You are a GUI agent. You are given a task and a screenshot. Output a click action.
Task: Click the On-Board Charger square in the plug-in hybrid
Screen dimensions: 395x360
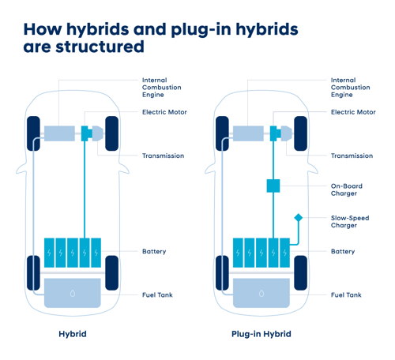pyautogui.click(x=273, y=186)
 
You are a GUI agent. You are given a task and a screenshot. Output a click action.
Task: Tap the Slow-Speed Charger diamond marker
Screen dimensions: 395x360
pyautogui.click(x=299, y=218)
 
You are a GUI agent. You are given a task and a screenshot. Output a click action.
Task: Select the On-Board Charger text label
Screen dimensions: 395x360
pyautogui.click(x=347, y=189)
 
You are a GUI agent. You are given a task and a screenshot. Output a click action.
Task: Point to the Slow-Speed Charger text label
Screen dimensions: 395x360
pyautogui.click(x=350, y=222)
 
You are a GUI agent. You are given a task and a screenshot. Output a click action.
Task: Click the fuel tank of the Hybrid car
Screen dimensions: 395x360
pyautogui.click(x=73, y=293)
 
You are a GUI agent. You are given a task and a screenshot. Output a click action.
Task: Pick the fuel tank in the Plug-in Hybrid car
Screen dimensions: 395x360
pyautogui.click(x=261, y=293)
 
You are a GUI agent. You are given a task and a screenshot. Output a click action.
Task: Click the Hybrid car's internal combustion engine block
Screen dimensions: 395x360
pyautogui.click(x=59, y=133)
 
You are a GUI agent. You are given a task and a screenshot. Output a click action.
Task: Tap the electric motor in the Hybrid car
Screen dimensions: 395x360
pyautogui.click(x=86, y=133)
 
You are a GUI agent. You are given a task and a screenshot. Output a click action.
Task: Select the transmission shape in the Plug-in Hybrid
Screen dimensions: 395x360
pyautogui.click(x=286, y=133)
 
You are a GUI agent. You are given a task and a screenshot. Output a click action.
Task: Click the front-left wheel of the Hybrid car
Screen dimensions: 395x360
pyautogui.click(x=33, y=133)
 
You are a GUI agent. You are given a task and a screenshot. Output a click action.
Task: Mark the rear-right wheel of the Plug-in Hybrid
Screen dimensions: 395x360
pyautogui.click(x=300, y=273)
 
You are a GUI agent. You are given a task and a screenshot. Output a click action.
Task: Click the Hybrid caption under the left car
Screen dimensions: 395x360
pyautogui.click(x=73, y=334)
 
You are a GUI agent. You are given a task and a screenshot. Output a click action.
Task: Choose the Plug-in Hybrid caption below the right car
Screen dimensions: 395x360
pyautogui.click(x=261, y=334)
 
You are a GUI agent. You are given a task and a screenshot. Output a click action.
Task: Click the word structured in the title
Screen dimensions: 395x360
pyautogui.click(x=100, y=47)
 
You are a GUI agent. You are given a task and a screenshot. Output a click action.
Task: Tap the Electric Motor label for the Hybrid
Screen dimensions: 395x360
pyautogui.click(x=164, y=112)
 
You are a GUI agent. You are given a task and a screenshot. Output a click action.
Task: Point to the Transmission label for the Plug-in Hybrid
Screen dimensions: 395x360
pyautogui.click(x=352, y=156)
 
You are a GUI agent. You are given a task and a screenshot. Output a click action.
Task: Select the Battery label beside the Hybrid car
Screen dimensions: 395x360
pyautogui.click(x=154, y=251)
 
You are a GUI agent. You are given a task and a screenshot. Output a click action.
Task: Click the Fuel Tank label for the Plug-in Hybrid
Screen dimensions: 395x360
pyautogui.click(x=346, y=295)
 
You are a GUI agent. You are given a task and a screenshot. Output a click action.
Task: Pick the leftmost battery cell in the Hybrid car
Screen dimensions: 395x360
pyautogui.click(x=49, y=253)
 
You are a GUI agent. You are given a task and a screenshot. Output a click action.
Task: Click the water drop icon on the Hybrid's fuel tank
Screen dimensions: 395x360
pyautogui.click(x=73, y=293)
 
